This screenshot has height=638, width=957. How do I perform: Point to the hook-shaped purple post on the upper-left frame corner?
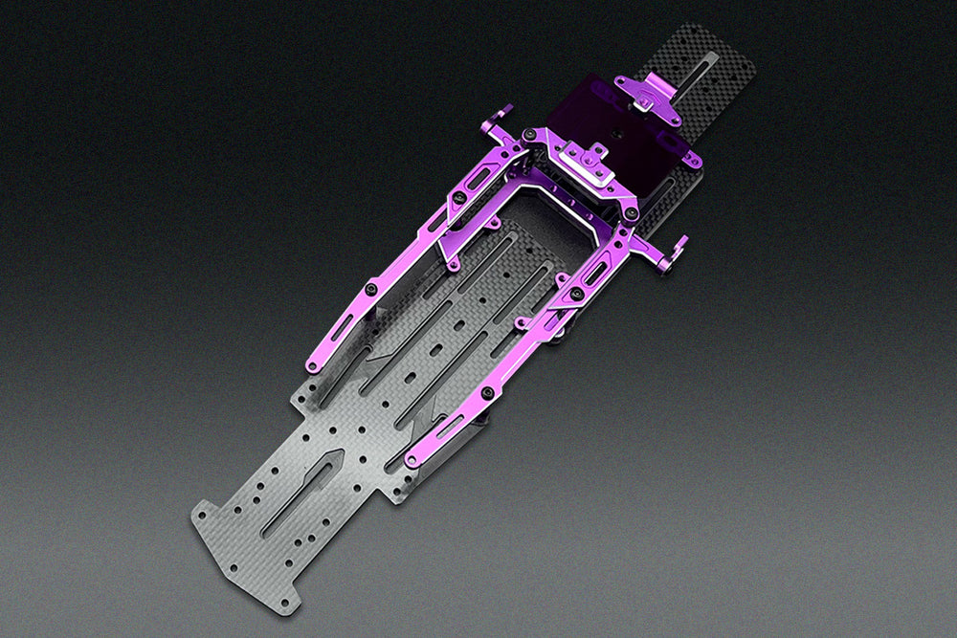pos(500,121)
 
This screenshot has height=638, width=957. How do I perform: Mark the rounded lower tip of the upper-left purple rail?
pos(311,365)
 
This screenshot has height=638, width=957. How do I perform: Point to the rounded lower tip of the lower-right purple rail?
pos(411,462)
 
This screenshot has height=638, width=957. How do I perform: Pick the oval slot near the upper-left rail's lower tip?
pos(339,329)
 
